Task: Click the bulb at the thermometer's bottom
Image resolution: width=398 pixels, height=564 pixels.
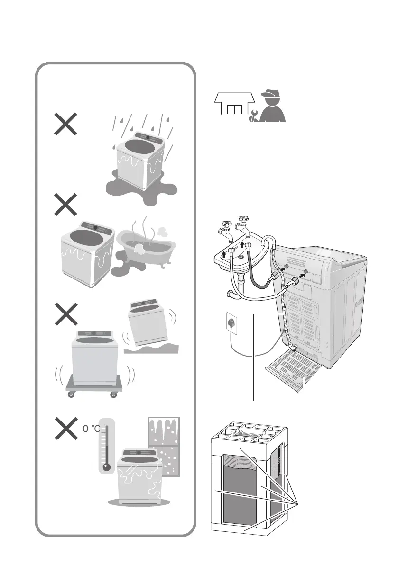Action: [x=106, y=466]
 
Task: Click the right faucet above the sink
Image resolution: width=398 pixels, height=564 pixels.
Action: [x=244, y=222]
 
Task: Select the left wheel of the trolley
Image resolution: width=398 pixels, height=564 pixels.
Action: [x=71, y=394]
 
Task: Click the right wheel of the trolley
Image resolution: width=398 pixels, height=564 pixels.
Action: [x=113, y=394]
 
